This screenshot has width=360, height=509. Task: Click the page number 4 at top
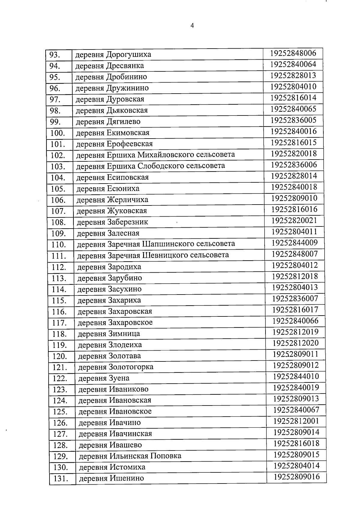click(x=192, y=26)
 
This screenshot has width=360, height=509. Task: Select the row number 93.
click(x=55, y=55)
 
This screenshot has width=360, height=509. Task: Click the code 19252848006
click(x=293, y=53)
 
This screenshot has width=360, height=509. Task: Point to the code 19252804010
click(x=293, y=87)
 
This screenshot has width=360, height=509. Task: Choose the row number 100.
click(x=58, y=133)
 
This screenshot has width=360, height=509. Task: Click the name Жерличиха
click(x=127, y=199)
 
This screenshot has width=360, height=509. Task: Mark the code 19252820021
click(x=294, y=221)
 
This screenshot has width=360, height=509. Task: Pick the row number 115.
click(x=59, y=300)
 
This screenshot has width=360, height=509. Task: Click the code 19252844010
click(x=296, y=376)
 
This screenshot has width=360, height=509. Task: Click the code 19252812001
click(x=296, y=421)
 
